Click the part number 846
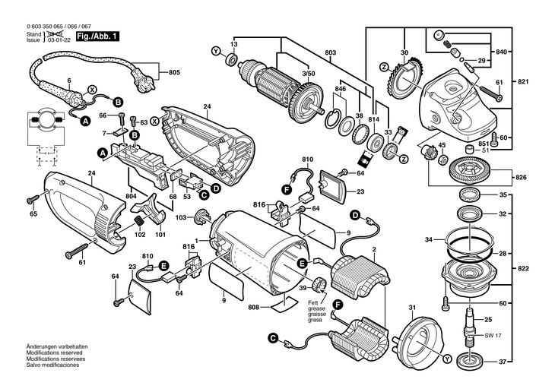(340, 90)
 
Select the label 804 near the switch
(131, 197)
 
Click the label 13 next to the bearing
(234, 46)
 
